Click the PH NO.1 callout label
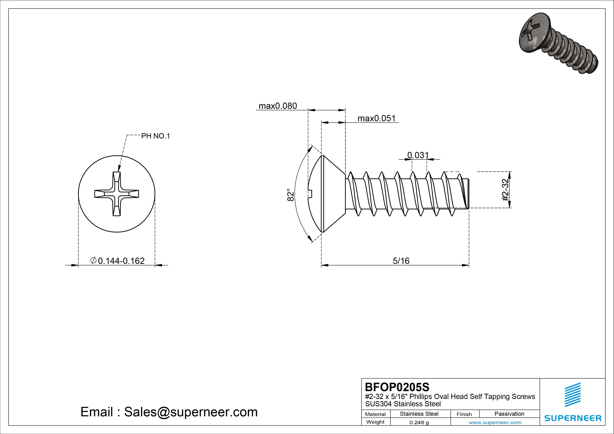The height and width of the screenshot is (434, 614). click(155, 136)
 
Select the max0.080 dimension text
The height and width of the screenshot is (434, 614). click(278, 106)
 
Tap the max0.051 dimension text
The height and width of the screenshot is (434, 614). click(376, 118)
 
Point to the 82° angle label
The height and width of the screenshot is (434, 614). click(291, 194)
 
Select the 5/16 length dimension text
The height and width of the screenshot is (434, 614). click(401, 261)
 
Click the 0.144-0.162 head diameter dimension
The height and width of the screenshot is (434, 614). click(121, 261)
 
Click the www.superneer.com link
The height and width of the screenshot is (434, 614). click(495, 422)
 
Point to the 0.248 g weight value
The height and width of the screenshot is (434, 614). click(419, 422)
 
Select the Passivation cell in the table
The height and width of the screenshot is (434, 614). click(509, 414)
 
